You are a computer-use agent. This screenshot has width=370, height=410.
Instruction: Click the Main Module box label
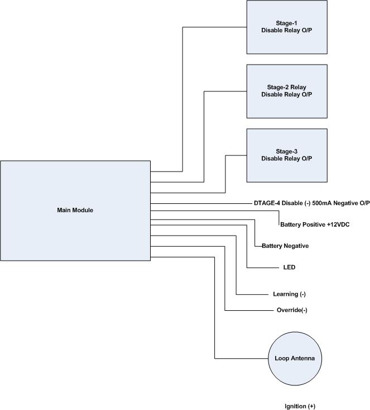pos(75,211)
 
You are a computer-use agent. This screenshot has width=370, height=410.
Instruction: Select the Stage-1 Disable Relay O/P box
pos(286,27)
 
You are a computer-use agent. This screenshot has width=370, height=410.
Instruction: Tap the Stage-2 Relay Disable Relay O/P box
pos(286,91)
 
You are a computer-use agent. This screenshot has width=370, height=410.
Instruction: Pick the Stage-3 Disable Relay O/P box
pos(286,155)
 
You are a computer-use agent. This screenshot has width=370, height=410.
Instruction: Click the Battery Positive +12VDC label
pos(315,224)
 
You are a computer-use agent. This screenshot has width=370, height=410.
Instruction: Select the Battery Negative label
pos(285,246)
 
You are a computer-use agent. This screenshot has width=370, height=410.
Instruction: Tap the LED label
pos(289,267)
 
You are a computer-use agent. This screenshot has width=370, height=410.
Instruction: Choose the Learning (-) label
pos(289,294)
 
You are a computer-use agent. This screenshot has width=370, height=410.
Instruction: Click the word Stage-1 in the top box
pos(286,24)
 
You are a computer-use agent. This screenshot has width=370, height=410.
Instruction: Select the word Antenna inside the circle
pos(302,359)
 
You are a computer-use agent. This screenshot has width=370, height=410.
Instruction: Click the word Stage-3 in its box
pos(286,152)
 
